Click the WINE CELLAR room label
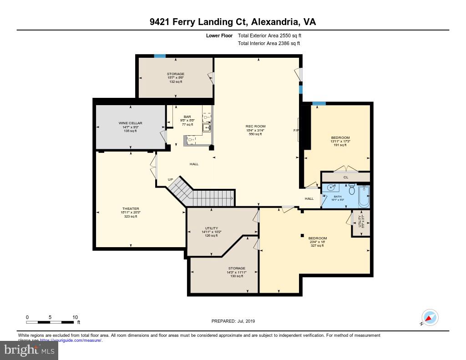tap(131, 123)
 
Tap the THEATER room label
tap(130, 209)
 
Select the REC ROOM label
tap(255, 127)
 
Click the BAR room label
tap(187, 117)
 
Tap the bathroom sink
tap(331, 188)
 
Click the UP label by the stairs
tap(170, 179)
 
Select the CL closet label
tap(345, 177)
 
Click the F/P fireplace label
tap(295, 131)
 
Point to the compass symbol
tap(430, 317)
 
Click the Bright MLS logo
tap(29, 350)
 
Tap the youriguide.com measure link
tap(71, 340)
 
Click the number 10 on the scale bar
tap(75, 317)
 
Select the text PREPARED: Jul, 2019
tap(233, 321)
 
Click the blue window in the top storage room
tap(159, 56)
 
